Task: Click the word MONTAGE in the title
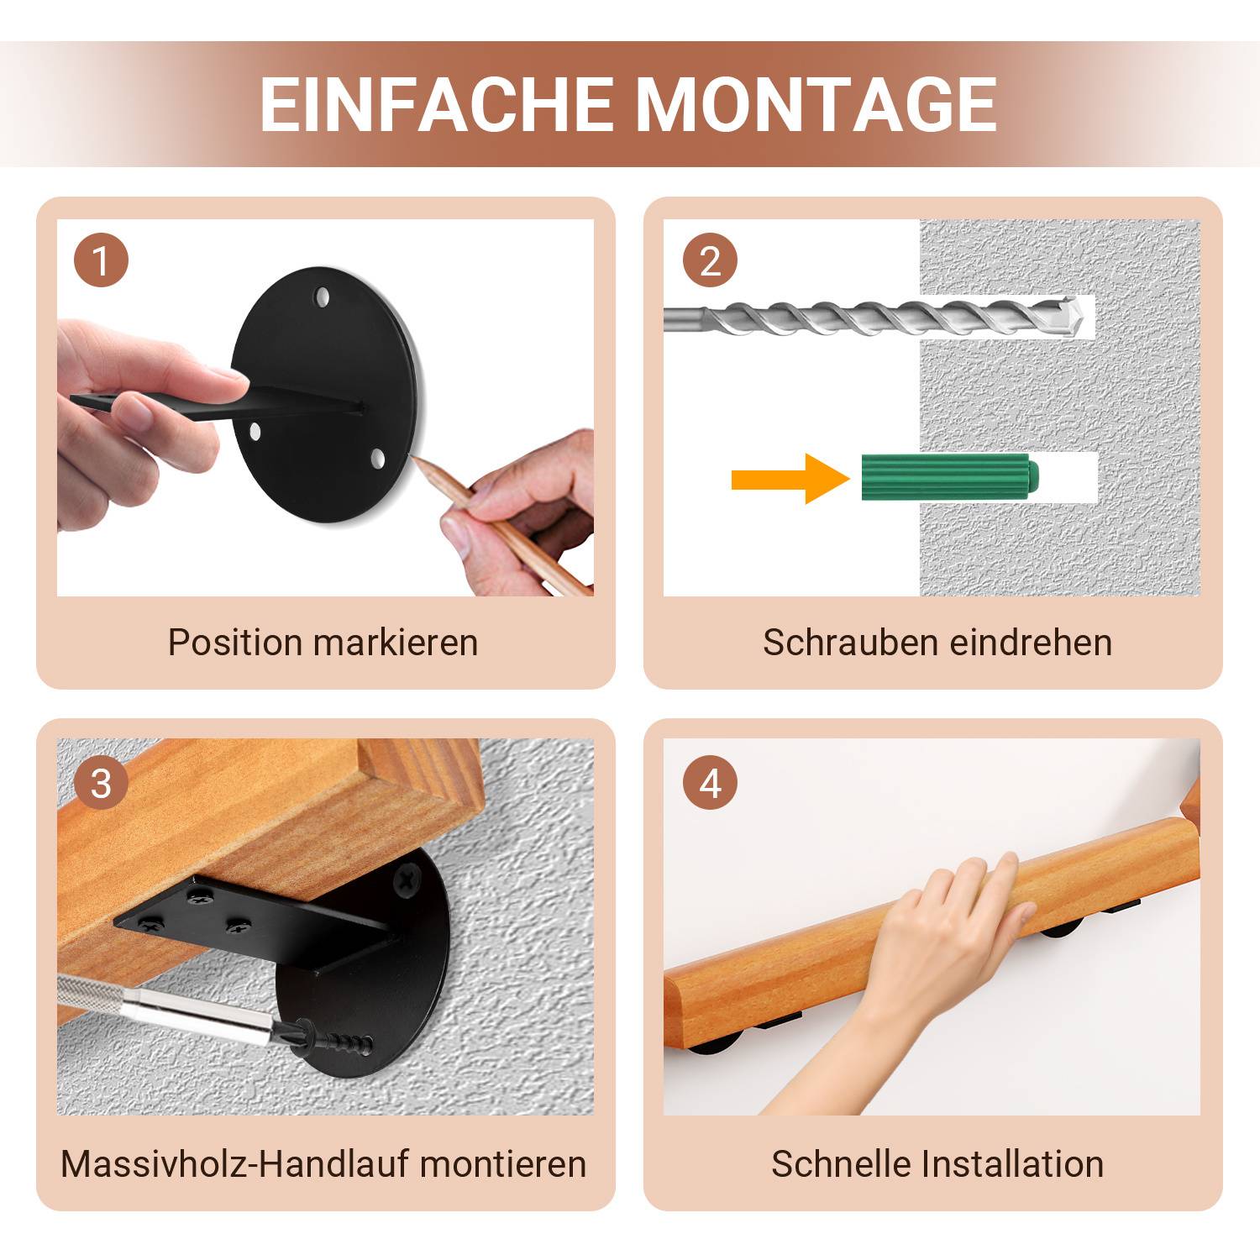coord(816,105)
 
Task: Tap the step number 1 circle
coord(101,260)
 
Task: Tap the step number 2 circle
coord(710,260)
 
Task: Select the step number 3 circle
coord(101,784)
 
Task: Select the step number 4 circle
coord(710,784)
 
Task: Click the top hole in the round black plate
coord(322,296)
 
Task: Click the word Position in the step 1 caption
coord(234,643)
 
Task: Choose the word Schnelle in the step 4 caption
coord(841,1164)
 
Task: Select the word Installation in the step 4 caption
coord(1012,1164)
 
